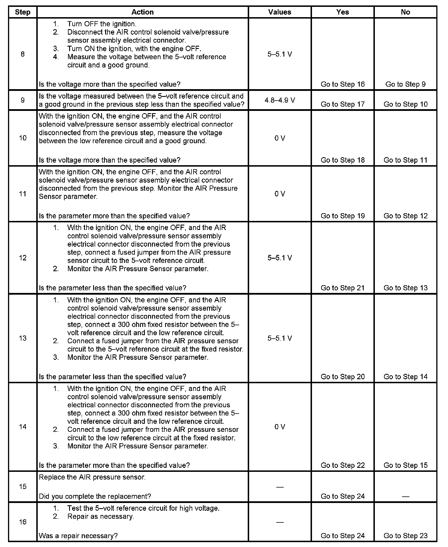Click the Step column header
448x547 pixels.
23,12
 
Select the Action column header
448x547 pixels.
142,12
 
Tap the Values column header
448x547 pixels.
280,12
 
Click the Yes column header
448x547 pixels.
343,12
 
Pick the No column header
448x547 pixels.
405,12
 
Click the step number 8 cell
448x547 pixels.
23,54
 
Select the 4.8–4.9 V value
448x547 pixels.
280,100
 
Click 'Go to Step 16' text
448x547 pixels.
343,84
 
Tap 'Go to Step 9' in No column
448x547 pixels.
405,84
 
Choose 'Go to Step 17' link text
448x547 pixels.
343,104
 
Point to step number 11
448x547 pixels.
23,194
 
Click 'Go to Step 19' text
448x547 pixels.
343,216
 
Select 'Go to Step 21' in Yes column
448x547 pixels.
343,288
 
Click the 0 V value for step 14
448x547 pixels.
280,427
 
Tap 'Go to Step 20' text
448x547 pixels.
343,377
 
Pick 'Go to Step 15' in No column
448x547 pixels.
405,465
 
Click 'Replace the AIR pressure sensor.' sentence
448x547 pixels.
92,477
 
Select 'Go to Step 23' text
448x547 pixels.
405,536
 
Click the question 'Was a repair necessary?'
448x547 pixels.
78,536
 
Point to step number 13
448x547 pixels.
23,338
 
